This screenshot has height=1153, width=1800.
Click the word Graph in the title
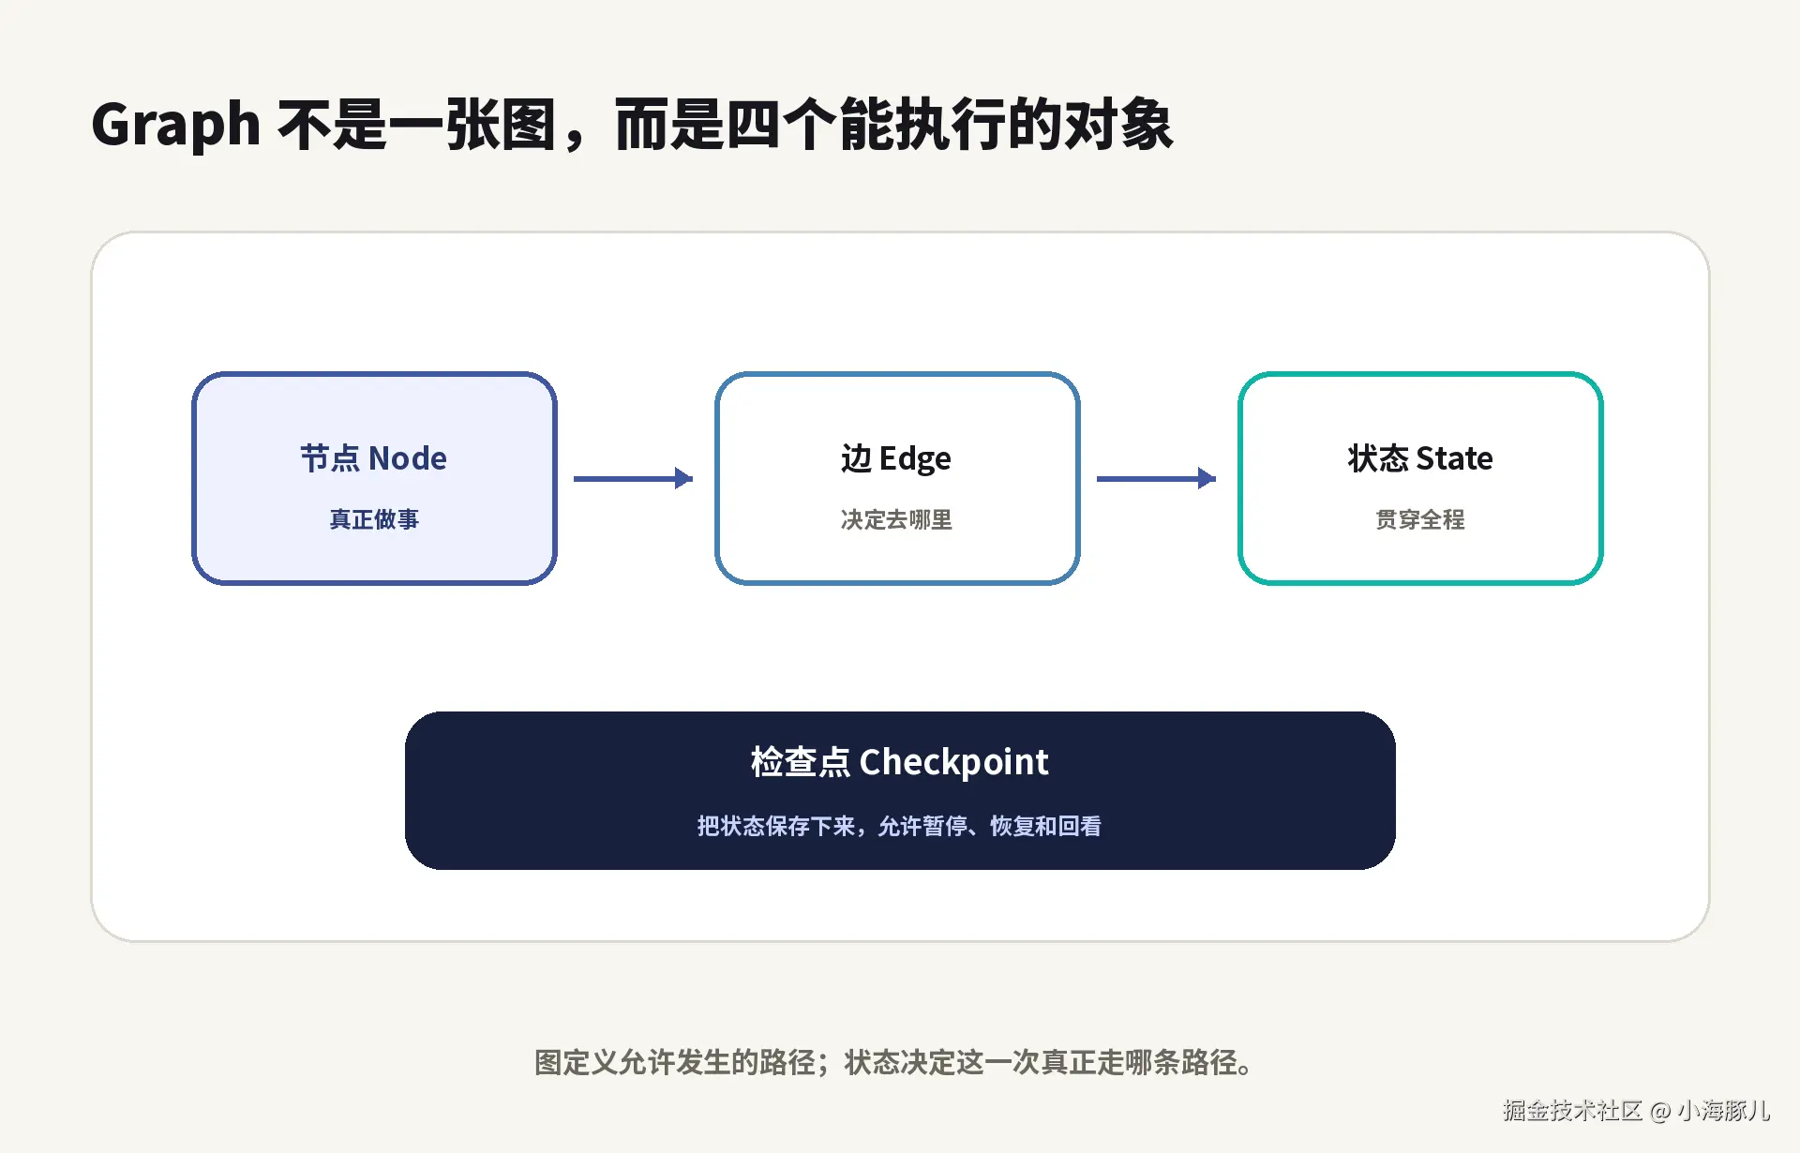click(x=175, y=126)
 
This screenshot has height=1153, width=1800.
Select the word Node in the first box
click(x=408, y=458)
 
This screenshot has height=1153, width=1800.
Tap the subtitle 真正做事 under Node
click(x=374, y=519)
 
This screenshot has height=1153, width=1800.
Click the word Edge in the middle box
click(x=915, y=459)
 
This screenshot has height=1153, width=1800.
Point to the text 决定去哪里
click(x=896, y=519)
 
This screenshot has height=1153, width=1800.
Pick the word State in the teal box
click(x=1454, y=458)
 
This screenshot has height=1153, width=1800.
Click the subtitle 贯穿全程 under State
click(x=1420, y=519)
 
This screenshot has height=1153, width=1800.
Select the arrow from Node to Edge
click(x=633, y=478)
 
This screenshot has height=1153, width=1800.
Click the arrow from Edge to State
click(x=1156, y=478)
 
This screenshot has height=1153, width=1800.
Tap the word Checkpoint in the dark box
click(x=954, y=763)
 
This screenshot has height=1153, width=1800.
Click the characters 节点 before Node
click(x=330, y=458)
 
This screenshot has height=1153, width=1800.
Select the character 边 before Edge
click(x=856, y=458)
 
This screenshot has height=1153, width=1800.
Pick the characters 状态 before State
click(x=1378, y=458)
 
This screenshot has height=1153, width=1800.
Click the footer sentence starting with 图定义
click(x=895, y=1062)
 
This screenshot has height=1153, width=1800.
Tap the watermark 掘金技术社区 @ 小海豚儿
click(x=1636, y=1111)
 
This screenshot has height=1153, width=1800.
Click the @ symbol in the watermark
click(x=1660, y=1112)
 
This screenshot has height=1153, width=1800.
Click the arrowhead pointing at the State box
click(x=1207, y=478)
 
